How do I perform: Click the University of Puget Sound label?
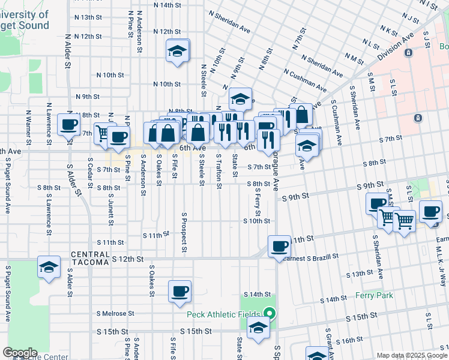24,20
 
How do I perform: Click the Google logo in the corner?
19,353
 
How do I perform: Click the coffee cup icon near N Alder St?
69,124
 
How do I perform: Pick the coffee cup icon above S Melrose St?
179,292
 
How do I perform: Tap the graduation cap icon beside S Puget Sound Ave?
49,267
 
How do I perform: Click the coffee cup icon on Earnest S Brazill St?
279,246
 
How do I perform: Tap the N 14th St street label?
167,5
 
